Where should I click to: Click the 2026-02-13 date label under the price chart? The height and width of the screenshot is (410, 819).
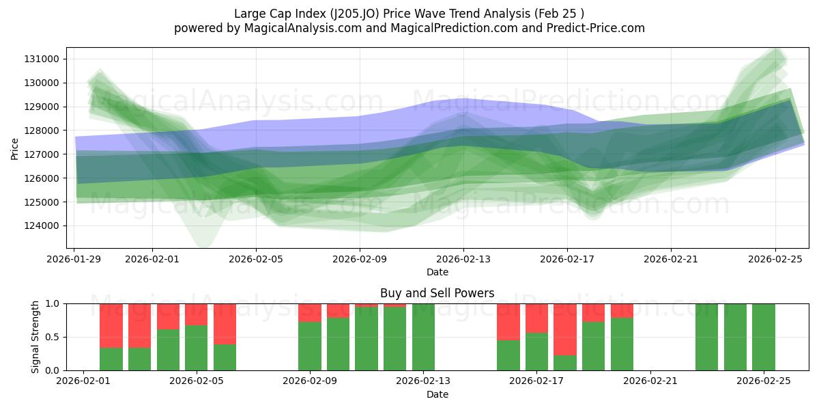click(x=463, y=259)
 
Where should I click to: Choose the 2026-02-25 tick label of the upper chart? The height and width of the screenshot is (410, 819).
click(x=775, y=259)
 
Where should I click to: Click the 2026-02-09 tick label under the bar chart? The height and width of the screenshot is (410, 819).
click(x=310, y=381)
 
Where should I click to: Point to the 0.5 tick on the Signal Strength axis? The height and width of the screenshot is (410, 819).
click(x=53, y=337)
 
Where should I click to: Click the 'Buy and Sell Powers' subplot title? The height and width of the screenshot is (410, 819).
click(x=437, y=293)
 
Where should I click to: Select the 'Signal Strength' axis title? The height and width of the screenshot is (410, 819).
click(x=35, y=337)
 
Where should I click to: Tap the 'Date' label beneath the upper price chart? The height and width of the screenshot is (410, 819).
click(x=437, y=272)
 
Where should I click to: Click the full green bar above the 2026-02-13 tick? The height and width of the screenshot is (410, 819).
click(x=423, y=337)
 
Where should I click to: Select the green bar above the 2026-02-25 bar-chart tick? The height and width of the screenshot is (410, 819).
click(x=764, y=337)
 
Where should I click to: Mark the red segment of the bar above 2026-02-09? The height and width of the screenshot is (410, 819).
click(x=310, y=312)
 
